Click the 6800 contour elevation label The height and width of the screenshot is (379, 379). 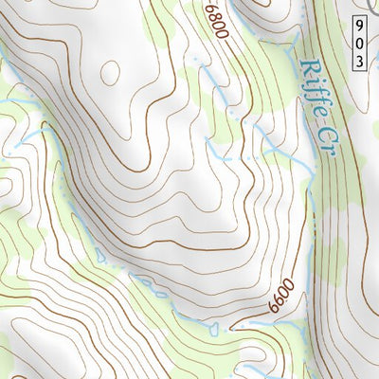(216, 20)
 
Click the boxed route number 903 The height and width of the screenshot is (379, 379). (362, 43)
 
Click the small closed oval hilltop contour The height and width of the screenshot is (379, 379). (110, 72)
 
